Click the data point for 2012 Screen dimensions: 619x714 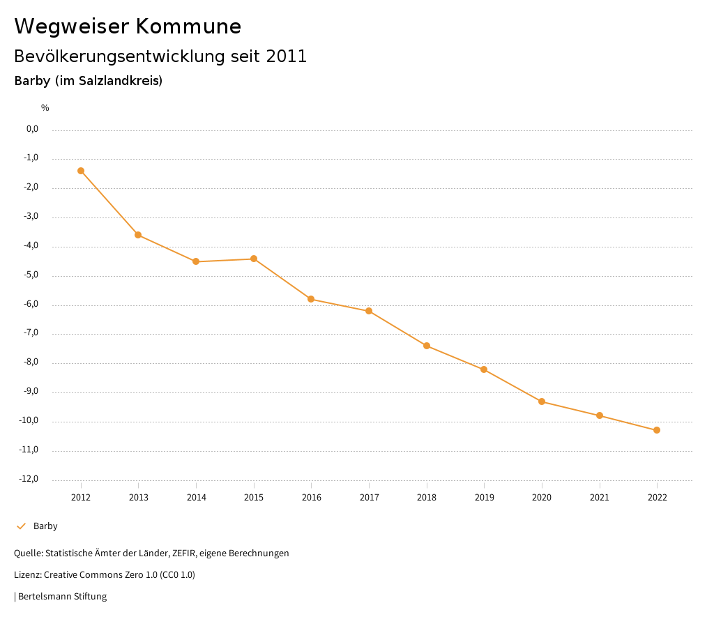point(81,171)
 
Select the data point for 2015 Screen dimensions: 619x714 point(254,259)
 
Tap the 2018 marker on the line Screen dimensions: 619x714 point(427,346)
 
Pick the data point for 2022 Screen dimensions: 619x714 point(657,430)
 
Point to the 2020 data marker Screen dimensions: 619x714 point(542,402)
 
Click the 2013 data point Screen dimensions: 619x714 point(138,235)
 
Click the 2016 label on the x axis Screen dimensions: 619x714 point(311,498)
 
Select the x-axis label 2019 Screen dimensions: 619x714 point(484,498)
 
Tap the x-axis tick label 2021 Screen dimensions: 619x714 point(599,498)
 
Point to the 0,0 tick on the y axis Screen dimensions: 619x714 point(32,129)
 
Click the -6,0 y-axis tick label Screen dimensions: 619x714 point(31,304)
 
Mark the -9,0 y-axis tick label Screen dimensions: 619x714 point(31,391)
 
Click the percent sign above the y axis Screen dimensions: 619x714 point(45,108)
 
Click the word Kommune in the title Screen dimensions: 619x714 point(188,26)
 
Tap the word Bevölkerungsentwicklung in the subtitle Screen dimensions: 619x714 point(118,56)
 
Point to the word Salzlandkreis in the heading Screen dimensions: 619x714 point(126,81)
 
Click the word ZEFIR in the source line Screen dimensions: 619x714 point(181,553)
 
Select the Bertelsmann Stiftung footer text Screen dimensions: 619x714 point(62,597)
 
